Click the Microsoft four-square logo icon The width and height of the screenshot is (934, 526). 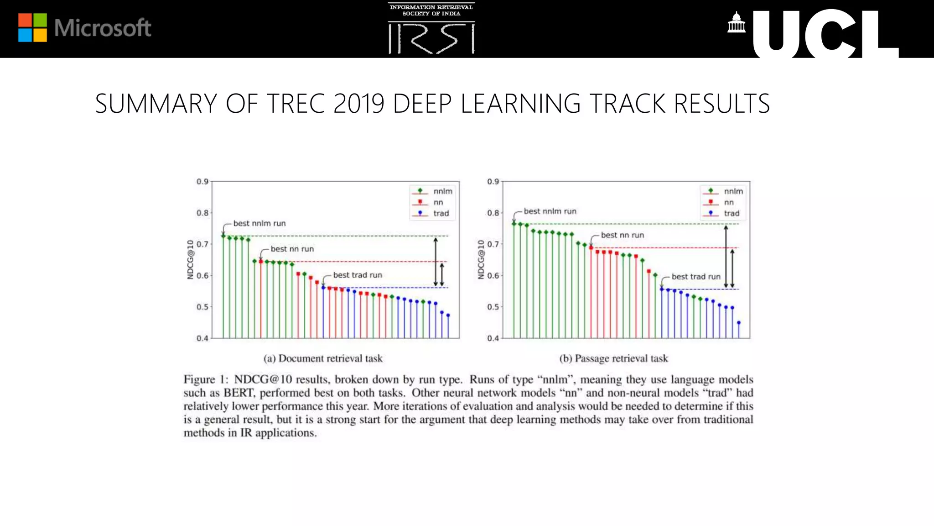32,28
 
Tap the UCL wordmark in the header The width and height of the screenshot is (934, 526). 825,34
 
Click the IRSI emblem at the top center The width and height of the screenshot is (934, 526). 431,29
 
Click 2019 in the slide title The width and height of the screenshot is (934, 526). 359,104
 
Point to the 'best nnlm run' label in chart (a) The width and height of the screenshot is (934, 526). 259,223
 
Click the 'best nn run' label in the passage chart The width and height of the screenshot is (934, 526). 622,235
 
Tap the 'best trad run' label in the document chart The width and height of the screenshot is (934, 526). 358,275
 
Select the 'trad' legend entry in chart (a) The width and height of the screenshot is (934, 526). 441,213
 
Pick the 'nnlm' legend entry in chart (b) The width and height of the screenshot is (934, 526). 733,191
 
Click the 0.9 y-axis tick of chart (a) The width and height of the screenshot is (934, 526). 202,182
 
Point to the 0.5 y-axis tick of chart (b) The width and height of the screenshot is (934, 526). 493,307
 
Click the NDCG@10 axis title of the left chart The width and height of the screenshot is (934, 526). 191,259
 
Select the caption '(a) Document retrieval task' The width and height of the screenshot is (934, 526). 323,358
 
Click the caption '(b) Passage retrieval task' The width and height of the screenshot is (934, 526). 613,358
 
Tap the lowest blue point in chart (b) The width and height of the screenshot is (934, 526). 739,323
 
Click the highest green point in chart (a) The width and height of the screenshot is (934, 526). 223,236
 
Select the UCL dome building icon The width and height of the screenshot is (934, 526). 736,23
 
